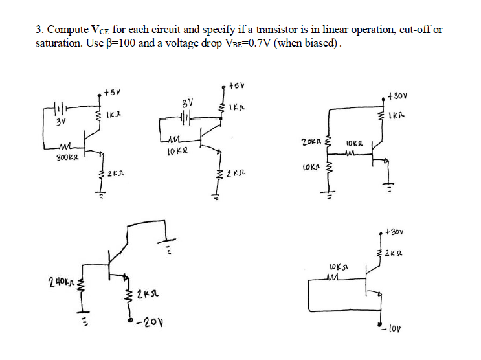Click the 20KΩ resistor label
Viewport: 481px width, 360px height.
click(x=311, y=141)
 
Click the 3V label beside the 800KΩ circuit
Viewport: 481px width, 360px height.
click(x=60, y=121)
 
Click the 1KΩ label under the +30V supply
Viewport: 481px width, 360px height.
click(x=397, y=117)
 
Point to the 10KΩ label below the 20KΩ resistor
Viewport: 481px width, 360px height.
click(x=311, y=167)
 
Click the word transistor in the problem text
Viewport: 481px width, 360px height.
click(x=279, y=30)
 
